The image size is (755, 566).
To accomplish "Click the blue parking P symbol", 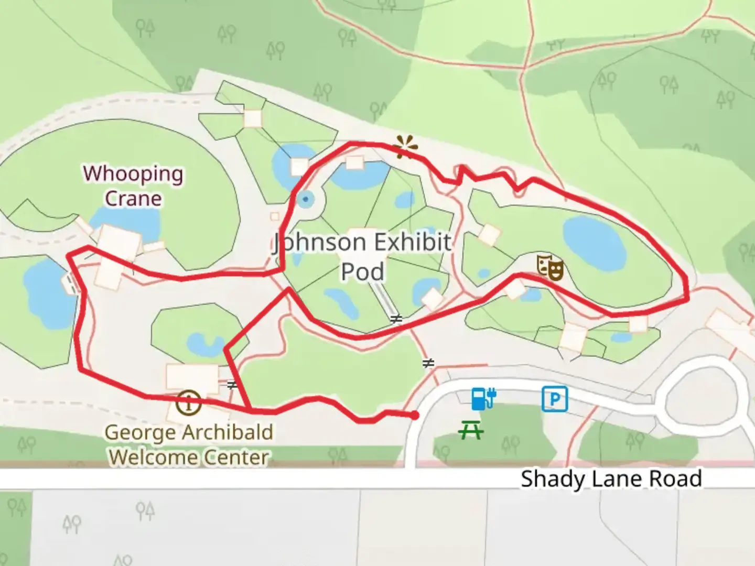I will point(554,399).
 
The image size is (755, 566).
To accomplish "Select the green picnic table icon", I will point(470,431).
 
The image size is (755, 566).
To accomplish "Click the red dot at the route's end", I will point(415,416).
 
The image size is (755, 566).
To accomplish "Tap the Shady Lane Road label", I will point(611,479).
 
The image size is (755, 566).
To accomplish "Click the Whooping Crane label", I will point(133,186).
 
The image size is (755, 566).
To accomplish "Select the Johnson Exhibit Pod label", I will point(362,256).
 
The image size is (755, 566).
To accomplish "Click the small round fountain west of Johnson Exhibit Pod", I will point(305,199).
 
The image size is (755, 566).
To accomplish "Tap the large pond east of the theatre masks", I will point(595,241).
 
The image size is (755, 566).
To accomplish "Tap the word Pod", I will point(362,271).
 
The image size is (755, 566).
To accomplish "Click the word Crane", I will point(133,199).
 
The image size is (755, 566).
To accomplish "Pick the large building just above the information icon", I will point(192,377).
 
